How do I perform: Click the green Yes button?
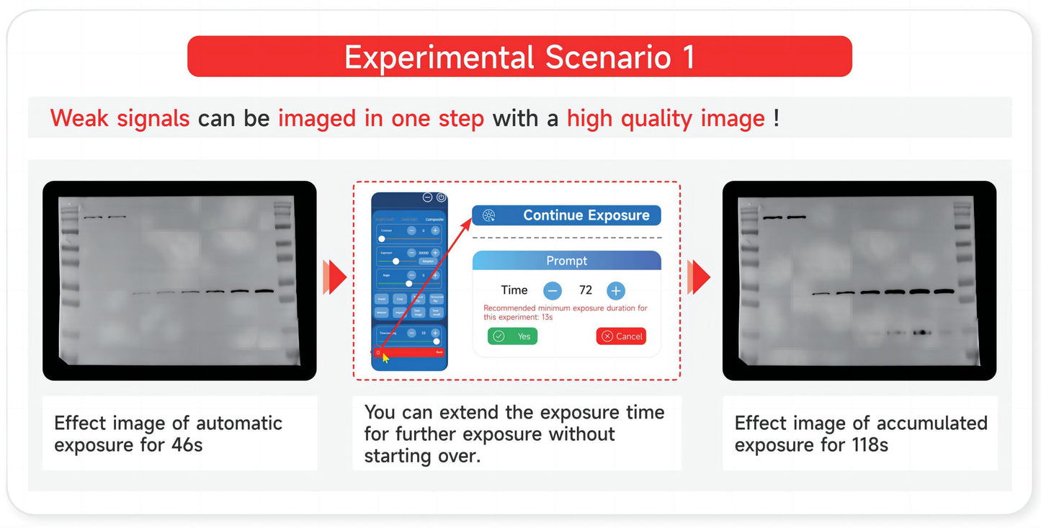512,336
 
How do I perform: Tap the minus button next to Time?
553,290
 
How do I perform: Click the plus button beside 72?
615,290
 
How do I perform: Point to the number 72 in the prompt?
586,290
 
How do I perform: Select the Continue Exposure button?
566,215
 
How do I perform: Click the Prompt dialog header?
566,261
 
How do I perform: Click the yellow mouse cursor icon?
385,357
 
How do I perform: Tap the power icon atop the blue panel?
441,197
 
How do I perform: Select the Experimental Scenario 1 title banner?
519,57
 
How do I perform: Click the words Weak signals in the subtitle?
120,118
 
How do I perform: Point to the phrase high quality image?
665,118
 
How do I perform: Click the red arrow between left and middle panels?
335,277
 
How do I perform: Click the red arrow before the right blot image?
699,277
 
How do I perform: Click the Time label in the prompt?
514,290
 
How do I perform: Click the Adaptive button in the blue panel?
430,262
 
